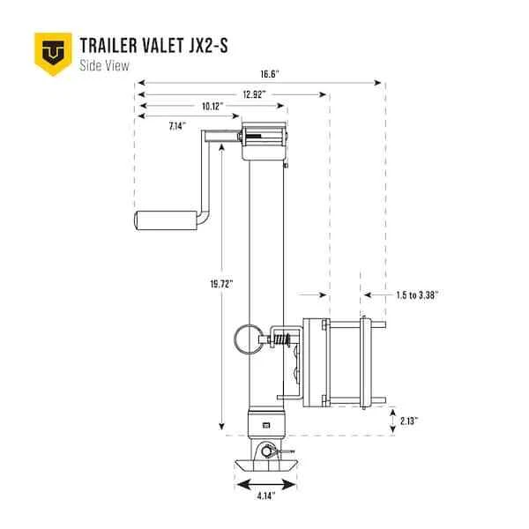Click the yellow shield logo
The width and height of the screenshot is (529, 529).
tap(53, 54)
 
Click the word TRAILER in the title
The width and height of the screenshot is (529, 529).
tap(108, 46)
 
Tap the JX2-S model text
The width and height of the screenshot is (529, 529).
tap(208, 46)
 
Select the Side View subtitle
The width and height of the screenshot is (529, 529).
tap(104, 65)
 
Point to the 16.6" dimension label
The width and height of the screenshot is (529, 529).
tap(270, 74)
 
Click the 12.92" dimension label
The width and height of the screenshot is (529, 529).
tap(255, 94)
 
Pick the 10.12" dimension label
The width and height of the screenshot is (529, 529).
tap(212, 107)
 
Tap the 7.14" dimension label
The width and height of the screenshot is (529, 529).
tap(177, 126)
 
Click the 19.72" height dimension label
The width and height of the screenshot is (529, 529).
tap(221, 284)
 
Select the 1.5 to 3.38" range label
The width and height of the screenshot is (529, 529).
tap(417, 295)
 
